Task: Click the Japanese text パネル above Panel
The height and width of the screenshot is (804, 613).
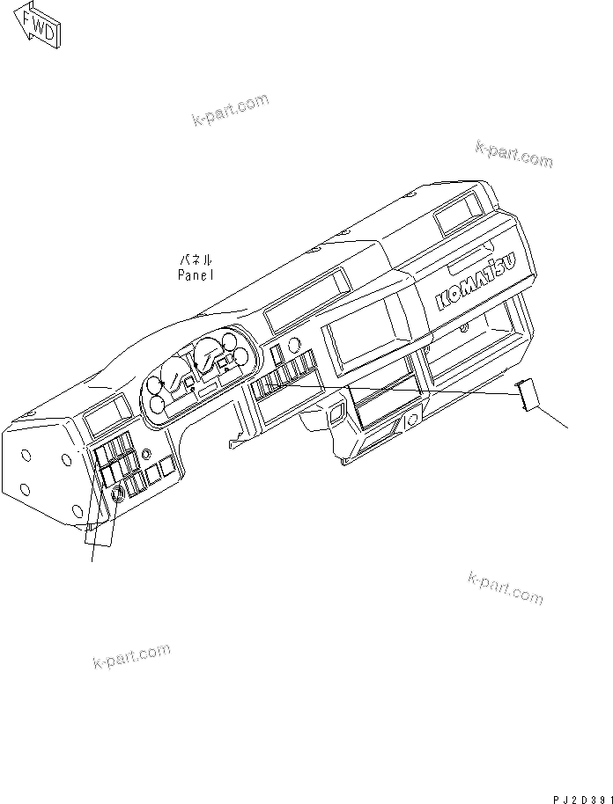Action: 196,259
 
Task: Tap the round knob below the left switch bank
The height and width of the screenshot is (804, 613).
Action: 118,497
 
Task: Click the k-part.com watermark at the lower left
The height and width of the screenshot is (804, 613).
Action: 131,656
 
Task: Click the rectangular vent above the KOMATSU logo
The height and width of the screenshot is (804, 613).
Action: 458,212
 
